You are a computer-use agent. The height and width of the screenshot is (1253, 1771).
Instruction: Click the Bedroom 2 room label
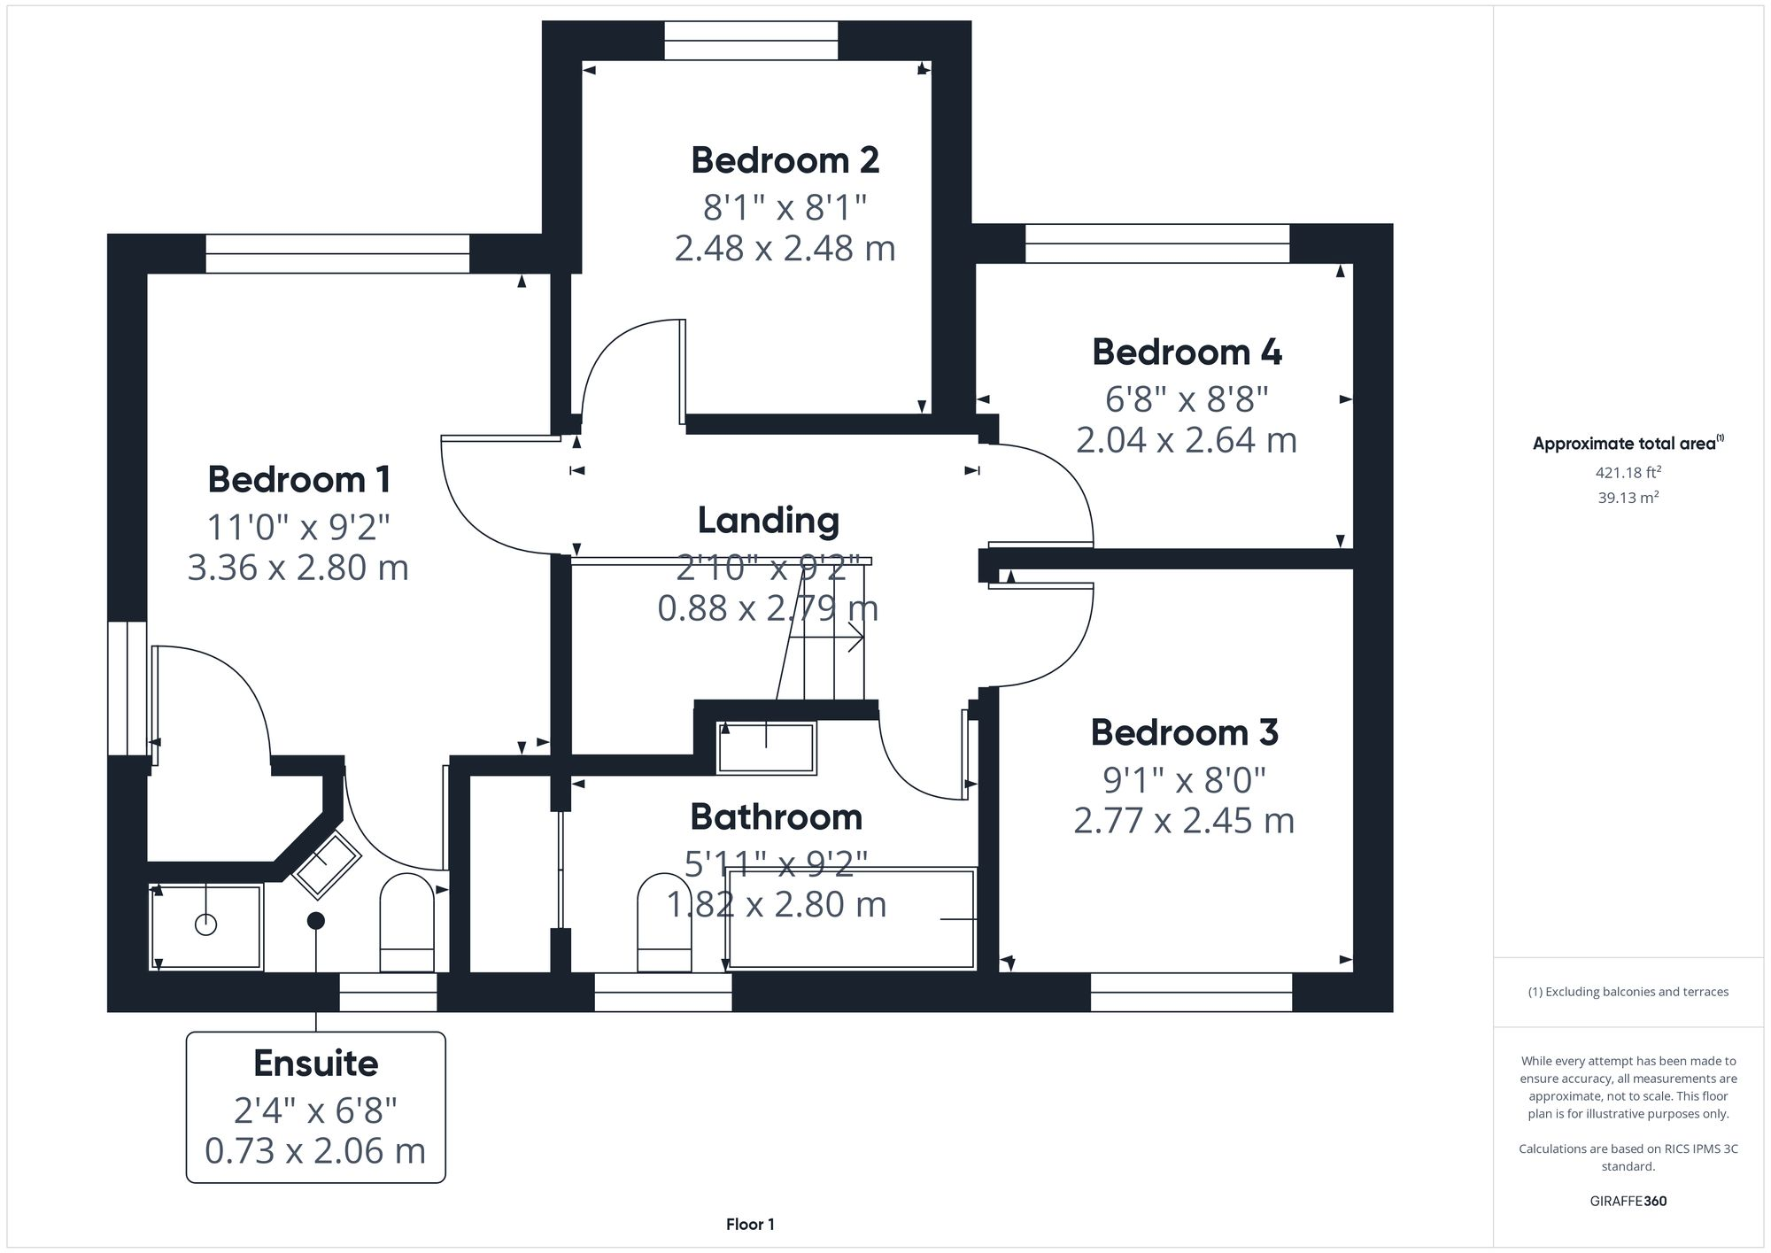point(785,161)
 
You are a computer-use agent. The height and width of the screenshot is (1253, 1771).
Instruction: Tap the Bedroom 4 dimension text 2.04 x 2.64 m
point(1186,440)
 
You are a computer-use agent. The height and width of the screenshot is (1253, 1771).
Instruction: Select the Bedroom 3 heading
point(1184,733)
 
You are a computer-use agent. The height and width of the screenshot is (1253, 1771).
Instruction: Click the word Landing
point(768,521)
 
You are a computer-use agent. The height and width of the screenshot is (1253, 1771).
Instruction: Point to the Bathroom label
point(776,817)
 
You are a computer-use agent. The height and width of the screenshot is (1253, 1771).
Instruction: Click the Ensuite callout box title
point(315,1064)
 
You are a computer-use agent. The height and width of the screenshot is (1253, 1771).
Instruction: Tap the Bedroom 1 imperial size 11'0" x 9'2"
point(298,528)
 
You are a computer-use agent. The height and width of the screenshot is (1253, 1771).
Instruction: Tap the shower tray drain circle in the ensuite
point(205,925)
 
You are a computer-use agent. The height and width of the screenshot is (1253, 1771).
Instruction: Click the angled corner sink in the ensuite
point(326,864)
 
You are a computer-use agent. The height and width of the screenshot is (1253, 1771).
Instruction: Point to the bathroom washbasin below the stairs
point(766,748)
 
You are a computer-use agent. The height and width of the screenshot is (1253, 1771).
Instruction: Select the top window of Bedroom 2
point(751,41)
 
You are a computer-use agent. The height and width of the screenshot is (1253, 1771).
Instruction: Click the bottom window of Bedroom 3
point(1191,992)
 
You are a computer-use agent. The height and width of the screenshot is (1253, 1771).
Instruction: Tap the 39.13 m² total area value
point(1628,498)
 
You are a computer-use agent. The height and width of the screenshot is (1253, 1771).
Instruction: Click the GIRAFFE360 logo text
point(1628,1202)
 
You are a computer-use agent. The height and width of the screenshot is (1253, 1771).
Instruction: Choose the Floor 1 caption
point(750,1225)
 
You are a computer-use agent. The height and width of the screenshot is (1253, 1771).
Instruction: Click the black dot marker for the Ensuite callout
point(316,921)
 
